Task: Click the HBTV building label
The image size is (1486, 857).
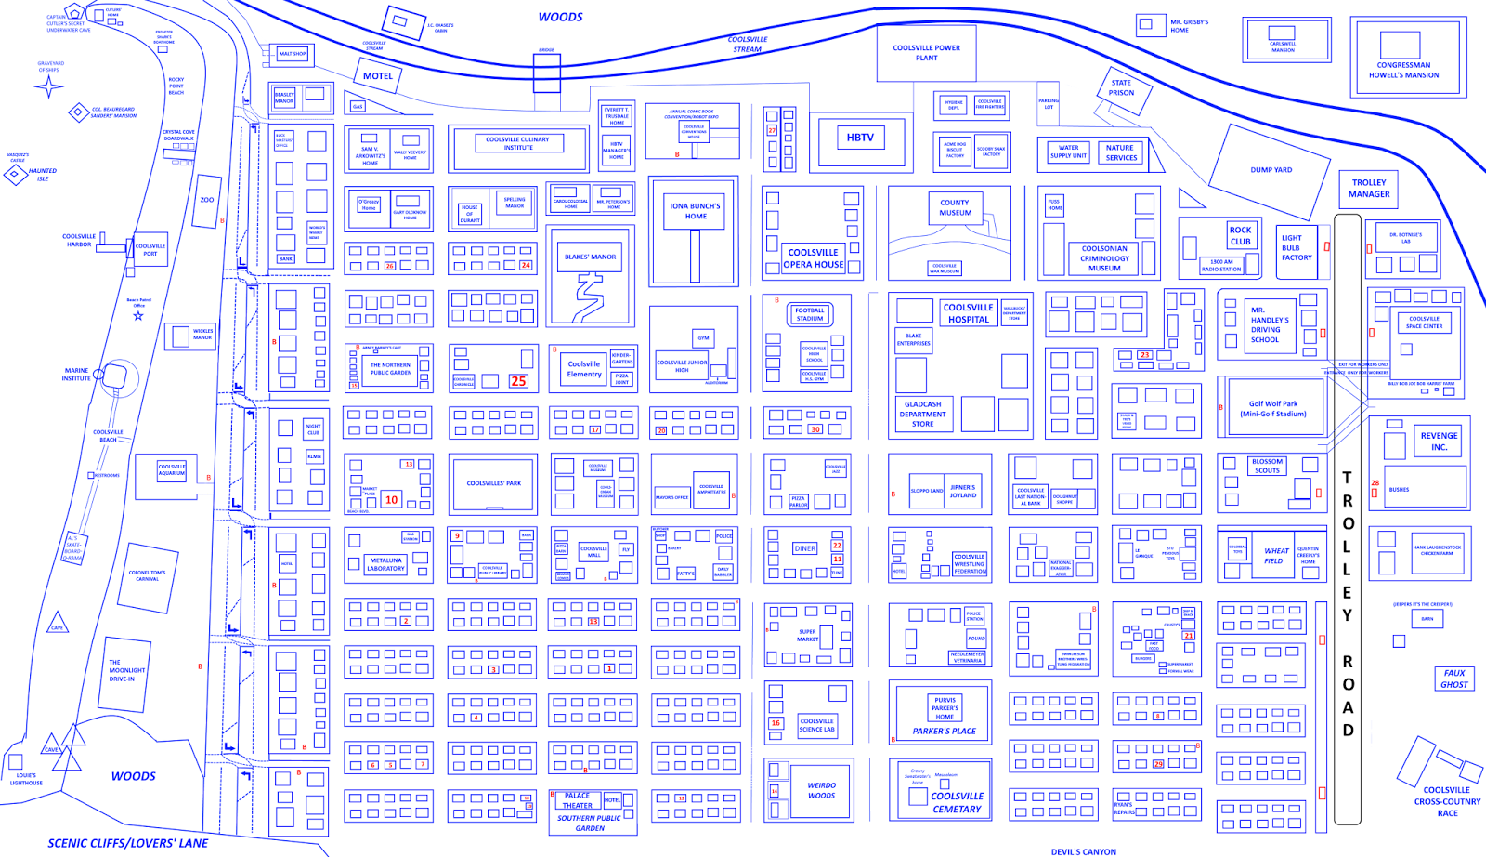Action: click(860, 138)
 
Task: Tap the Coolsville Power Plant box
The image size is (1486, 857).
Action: click(926, 53)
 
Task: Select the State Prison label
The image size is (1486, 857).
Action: click(1121, 88)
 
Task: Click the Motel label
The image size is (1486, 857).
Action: click(377, 76)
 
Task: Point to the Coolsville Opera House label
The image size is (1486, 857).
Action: click(814, 258)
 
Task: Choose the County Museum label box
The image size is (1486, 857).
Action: click(955, 207)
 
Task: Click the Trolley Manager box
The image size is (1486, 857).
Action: click(1369, 188)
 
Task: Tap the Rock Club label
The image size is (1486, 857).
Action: click(1240, 235)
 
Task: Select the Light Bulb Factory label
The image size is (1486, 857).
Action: click(1297, 248)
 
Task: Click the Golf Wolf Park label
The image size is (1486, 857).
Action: click(1273, 409)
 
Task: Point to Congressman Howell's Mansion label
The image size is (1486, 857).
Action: click(1403, 70)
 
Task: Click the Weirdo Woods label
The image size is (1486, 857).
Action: click(821, 790)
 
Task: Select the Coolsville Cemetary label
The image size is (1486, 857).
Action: click(957, 802)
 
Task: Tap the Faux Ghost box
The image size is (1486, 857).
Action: click(1454, 679)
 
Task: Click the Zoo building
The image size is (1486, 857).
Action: click(207, 199)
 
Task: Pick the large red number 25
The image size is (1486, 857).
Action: click(518, 381)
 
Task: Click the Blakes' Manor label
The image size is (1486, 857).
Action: click(591, 257)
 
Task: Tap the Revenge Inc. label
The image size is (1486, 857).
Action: click(1439, 442)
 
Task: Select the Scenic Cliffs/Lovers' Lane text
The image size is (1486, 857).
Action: click(128, 843)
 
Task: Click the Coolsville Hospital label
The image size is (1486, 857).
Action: click(968, 313)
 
